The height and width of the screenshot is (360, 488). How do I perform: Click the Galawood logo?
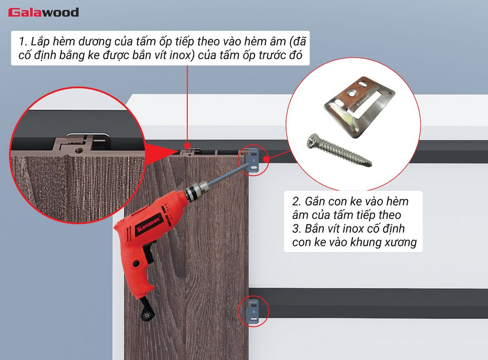43,12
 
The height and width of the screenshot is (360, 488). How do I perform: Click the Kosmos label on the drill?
142,228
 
